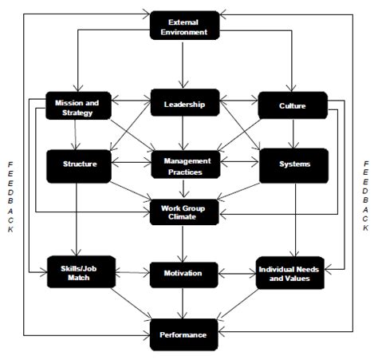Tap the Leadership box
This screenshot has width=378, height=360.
pos(184,104)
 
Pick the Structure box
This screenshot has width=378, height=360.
pos(79,164)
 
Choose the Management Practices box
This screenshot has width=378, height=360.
pos(185,165)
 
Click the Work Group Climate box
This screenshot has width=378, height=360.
pos(184,212)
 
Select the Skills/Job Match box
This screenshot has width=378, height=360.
pos(79,273)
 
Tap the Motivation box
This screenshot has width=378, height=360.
pos(184,273)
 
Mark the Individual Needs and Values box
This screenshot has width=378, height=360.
pos(290,273)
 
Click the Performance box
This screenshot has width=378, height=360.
pos(184,334)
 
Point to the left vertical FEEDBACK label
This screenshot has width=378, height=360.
pos(10,196)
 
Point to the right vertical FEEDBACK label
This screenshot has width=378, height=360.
pos(366,196)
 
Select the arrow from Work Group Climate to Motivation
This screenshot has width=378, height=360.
pos(184,243)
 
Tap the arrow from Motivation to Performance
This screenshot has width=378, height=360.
pos(184,303)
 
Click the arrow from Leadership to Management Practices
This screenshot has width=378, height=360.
pos(184,133)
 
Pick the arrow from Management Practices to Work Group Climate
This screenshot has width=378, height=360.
pos(184,189)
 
